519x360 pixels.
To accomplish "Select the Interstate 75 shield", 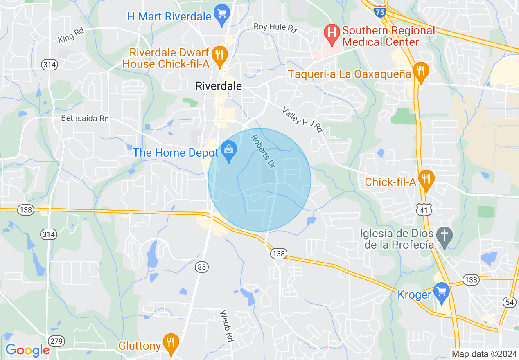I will pyautogui.click(x=380, y=11).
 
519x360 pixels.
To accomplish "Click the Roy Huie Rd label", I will pyautogui.click(x=275, y=28).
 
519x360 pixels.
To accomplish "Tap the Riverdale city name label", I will pyautogui.click(x=219, y=86).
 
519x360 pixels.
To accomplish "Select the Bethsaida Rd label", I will pyautogui.click(x=85, y=118).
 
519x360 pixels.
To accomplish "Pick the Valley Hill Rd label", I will pyautogui.click(x=303, y=119).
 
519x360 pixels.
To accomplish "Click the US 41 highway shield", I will pyautogui.click(x=422, y=209).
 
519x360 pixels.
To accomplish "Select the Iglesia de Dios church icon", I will pyautogui.click(x=444, y=236).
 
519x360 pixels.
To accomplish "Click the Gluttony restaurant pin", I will pyautogui.click(x=171, y=342).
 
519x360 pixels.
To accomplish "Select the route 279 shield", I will pyautogui.click(x=55, y=341).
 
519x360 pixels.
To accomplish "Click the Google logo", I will pyautogui.click(x=27, y=350).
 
